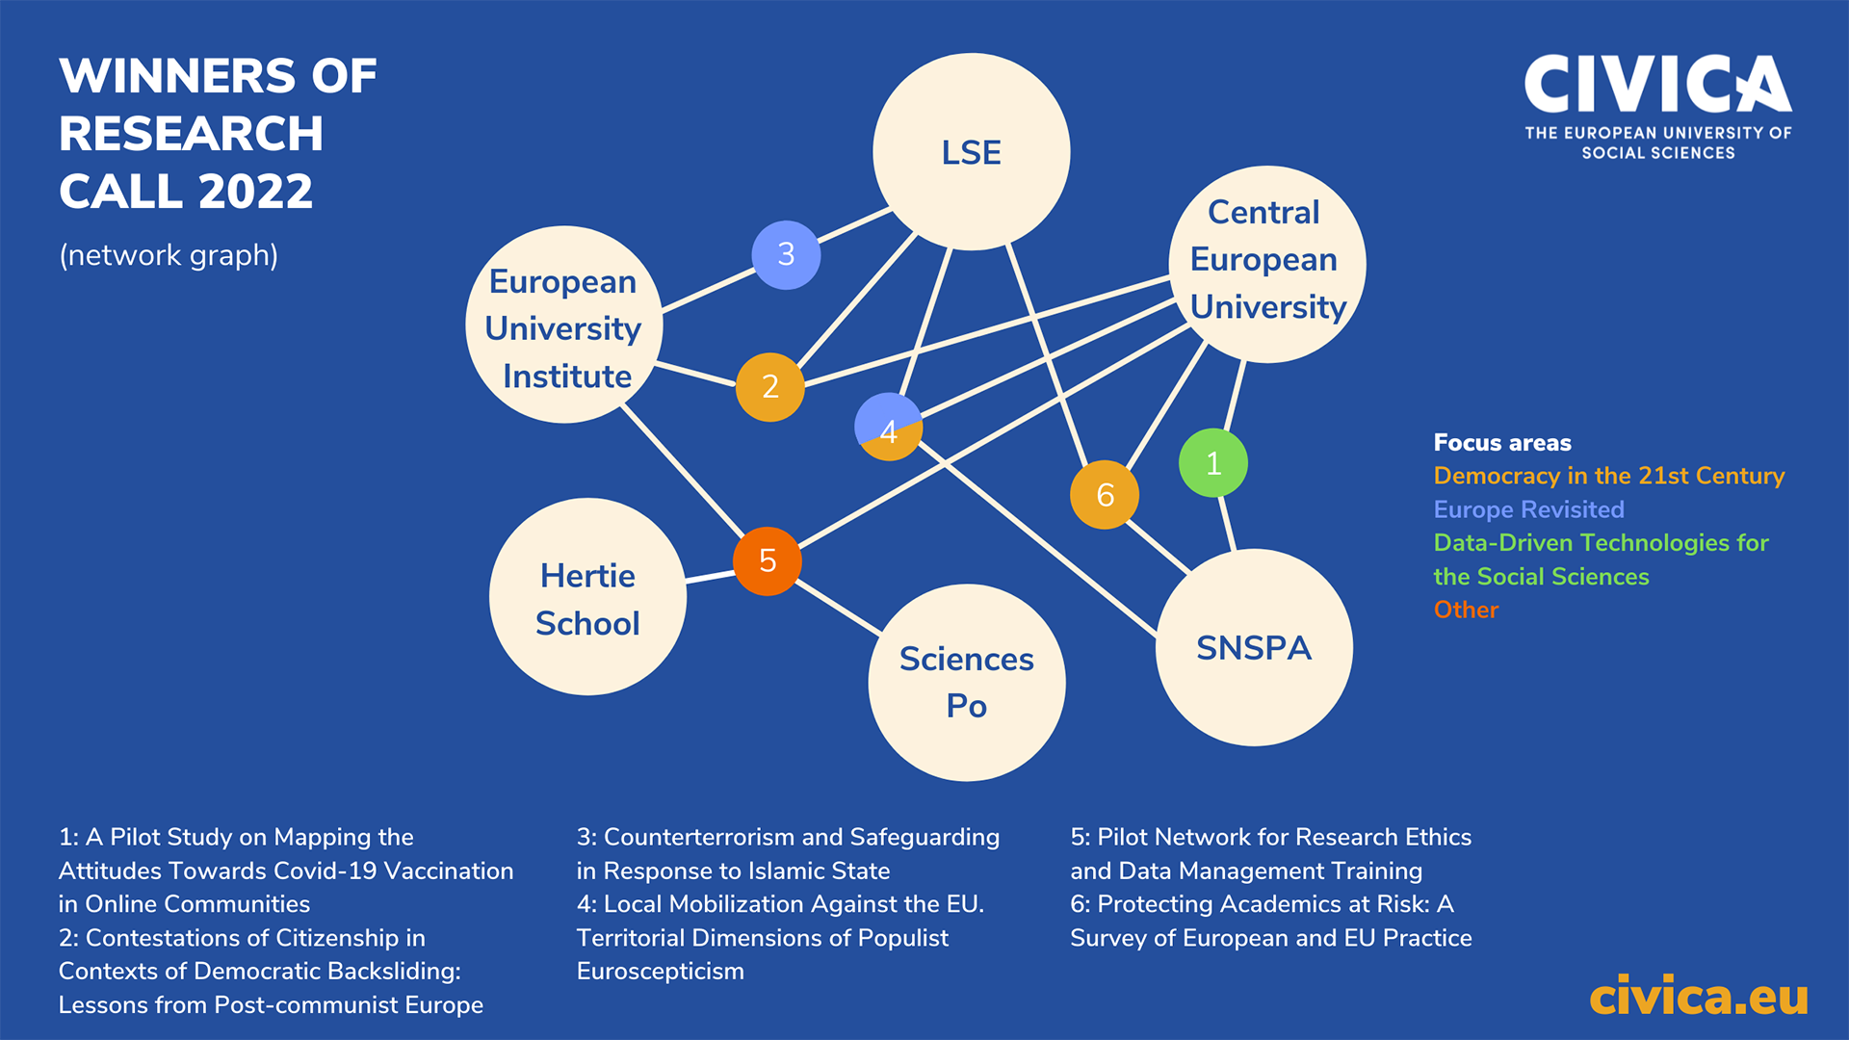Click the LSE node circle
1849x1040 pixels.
point(971,152)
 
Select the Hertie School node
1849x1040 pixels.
point(587,597)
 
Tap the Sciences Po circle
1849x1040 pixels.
point(966,683)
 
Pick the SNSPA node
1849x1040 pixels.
point(1254,647)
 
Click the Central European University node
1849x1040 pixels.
point(1266,264)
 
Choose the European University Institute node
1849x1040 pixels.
point(564,325)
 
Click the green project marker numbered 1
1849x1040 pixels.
point(1213,463)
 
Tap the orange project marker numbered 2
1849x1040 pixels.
point(769,387)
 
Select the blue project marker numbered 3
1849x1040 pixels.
point(786,254)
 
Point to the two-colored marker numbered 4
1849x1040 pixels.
point(888,427)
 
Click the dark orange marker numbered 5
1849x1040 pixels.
point(768,560)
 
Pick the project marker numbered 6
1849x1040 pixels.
point(1105,495)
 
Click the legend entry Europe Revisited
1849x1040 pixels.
point(1528,509)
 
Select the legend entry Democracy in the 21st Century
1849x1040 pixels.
point(1608,476)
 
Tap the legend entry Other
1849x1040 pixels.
point(1466,610)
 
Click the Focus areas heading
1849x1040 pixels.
point(1502,443)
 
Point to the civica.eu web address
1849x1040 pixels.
point(1698,997)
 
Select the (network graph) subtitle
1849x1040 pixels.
point(169,255)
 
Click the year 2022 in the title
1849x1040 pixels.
point(255,191)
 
